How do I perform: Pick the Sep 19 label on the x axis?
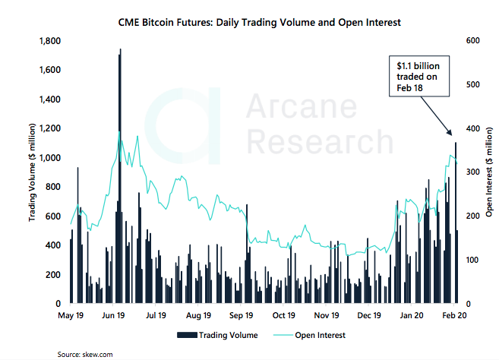[x=241, y=314]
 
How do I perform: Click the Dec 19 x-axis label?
[x=368, y=314]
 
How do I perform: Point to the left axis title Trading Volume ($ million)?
[x=33, y=172]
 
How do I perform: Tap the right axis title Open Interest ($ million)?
[x=487, y=172]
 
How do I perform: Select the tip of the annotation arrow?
[x=454, y=137]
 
